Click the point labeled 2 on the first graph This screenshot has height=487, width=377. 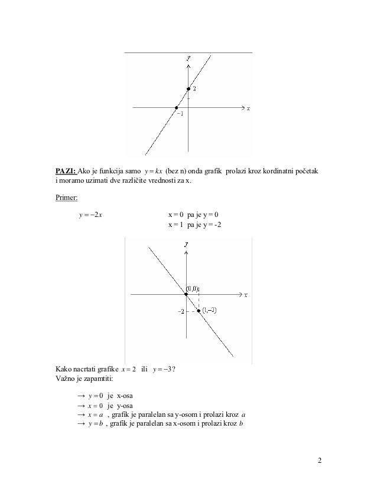pyautogui.click(x=188, y=89)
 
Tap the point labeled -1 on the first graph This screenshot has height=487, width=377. pyautogui.click(x=176, y=108)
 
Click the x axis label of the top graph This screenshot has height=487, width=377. pyautogui.click(x=248, y=108)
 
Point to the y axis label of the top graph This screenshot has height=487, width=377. pyautogui.click(x=188, y=58)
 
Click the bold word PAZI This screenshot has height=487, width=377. pyautogui.click(x=66, y=171)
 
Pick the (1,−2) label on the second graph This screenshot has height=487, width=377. pyautogui.click(x=210, y=310)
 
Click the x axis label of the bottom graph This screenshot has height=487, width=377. pyautogui.click(x=245, y=294)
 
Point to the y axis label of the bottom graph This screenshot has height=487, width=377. pyautogui.click(x=186, y=243)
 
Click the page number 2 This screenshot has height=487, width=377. pyautogui.click(x=320, y=460)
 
